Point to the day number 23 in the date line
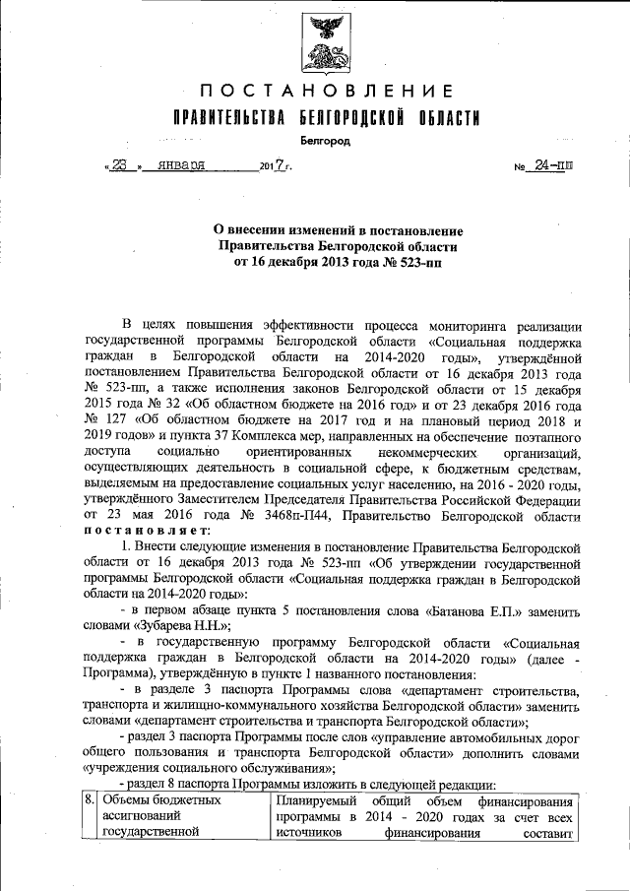(x=119, y=166)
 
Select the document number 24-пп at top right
(x=552, y=166)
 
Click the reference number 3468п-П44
(x=291, y=514)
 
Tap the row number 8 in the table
(x=89, y=800)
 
